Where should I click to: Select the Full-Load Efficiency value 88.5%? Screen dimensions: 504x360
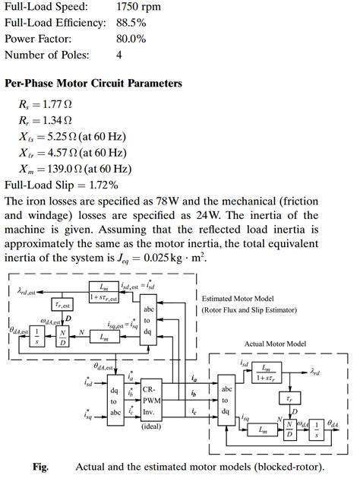131,23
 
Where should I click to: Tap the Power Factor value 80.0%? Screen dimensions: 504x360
131,39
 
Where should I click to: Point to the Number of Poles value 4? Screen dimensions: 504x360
119,55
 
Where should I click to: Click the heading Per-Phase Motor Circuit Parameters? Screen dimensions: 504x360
93,83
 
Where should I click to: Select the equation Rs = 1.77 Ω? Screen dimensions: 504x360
46,105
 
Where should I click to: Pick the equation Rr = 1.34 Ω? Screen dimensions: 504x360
46,121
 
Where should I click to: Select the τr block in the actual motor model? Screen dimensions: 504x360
287,398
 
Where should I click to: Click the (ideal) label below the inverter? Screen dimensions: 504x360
151,426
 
